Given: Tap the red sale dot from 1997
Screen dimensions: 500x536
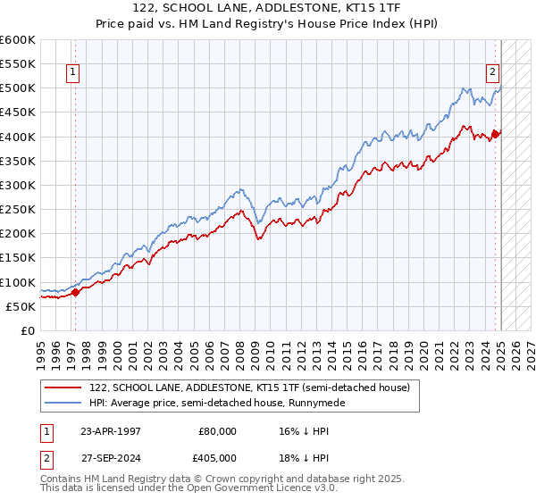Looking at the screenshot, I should pyautogui.click(x=75, y=291).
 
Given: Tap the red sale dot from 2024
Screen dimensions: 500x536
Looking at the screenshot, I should pyautogui.click(x=496, y=135).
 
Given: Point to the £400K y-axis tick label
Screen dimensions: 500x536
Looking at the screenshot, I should pyautogui.click(x=18, y=137).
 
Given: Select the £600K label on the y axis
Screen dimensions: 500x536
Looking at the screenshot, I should pyautogui.click(x=18, y=40).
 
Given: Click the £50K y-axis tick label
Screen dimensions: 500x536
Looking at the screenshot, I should pyautogui.click(x=21, y=306).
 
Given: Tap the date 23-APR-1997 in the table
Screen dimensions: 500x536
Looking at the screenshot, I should pyautogui.click(x=111, y=430).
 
